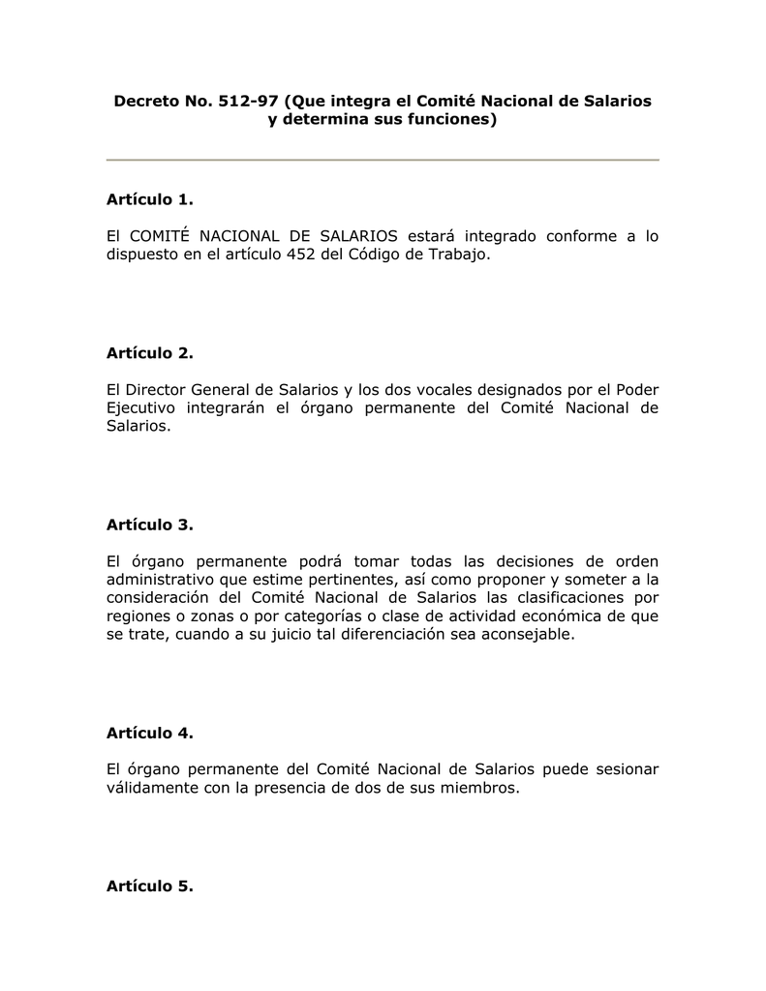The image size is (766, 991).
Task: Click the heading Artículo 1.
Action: click(x=149, y=200)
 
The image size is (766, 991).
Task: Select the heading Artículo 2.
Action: click(x=149, y=354)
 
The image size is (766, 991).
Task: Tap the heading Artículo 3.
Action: click(x=149, y=525)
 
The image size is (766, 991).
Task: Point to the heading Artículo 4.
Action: click(x=149, y=733)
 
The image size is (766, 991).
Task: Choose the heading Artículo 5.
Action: click(x=149, y=886)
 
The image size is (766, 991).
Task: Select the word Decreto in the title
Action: click(x=146, y=101)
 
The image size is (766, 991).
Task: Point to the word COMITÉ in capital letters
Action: click(x=161, y=237)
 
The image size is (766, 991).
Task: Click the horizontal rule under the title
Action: click(x=383, y=160)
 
